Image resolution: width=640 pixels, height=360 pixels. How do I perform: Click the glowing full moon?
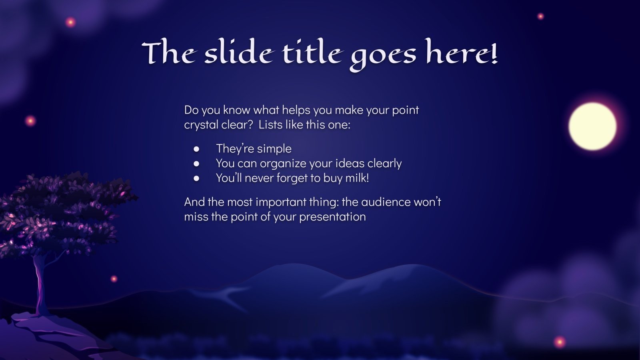click(x=592, y=126)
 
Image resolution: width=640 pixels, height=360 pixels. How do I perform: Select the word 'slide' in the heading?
click(x=239, y=54)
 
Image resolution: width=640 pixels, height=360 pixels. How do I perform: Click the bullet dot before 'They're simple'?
click(x=196, y=149)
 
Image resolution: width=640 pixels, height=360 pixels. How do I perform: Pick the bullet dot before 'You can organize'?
click(x=196, y=164)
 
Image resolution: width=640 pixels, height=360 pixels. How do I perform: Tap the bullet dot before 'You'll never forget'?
click(x=196, y=178)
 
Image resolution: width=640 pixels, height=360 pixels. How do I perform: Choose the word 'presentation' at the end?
click(x=332, y=217)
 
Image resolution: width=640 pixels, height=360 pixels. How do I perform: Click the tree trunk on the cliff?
click(x=40, y=284)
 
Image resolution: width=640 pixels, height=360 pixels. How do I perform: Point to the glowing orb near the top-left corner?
click(x=70, y=22)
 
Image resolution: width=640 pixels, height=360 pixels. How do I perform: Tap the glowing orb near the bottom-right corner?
click(x=559, y=342)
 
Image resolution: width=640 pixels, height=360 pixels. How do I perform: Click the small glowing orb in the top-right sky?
click(x=540, y=16)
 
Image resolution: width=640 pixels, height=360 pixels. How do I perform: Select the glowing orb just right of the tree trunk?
click(x=114, y=279)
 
